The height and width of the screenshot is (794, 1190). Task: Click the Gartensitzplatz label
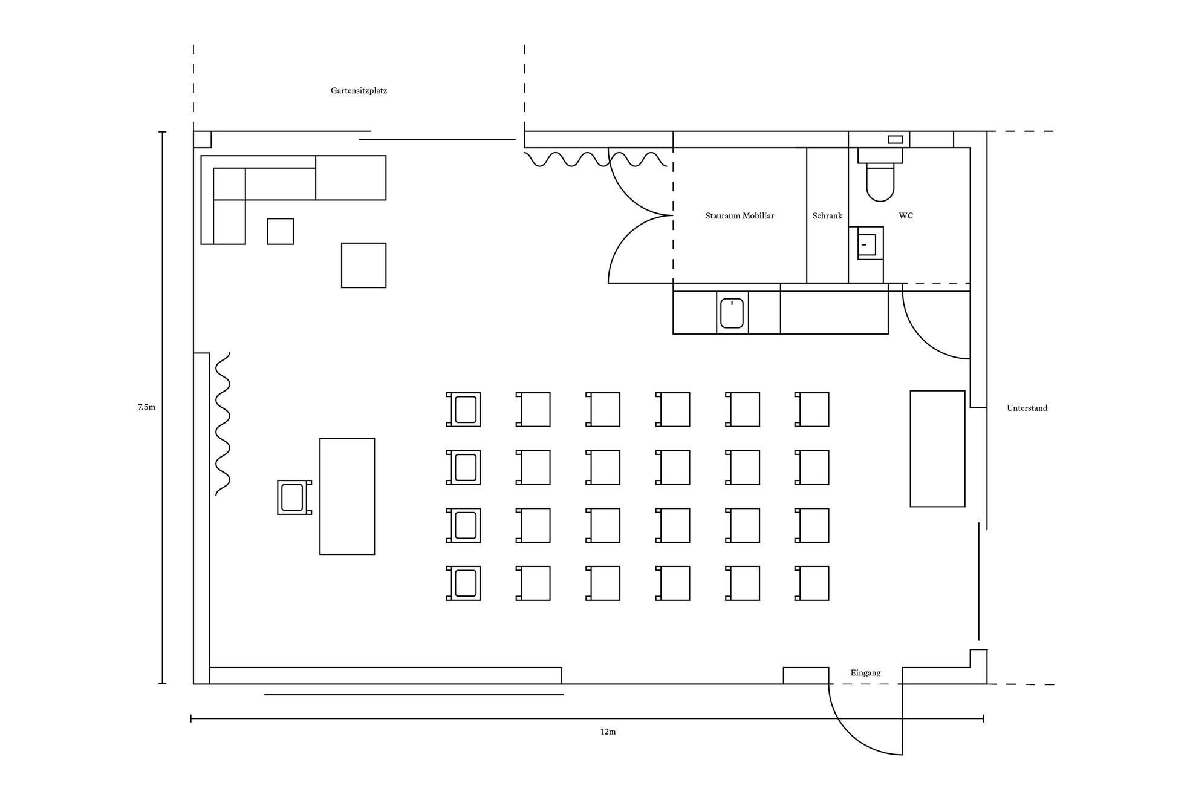point(359,91)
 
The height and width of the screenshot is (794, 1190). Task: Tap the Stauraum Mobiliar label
point(740,216)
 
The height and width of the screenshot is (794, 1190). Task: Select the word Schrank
point(827,216)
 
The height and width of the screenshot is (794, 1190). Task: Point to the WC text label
point(906,216)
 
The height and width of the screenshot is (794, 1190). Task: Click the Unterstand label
point(1027,408)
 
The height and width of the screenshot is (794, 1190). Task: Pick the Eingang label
point(865,673)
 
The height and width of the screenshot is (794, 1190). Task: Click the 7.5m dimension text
point(146,407)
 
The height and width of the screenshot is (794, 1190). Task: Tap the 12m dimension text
point(608,732)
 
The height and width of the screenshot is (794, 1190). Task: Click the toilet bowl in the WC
point(880,182)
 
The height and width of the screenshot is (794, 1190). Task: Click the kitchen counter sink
point(732,313)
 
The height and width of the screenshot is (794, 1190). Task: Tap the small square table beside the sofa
point(281,231)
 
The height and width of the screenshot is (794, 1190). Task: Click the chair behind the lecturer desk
point(294,497)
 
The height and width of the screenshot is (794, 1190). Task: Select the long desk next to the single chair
point(347,496)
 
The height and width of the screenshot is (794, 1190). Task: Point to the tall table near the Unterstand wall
point(937,448)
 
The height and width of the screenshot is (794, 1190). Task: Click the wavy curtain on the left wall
point(223,424)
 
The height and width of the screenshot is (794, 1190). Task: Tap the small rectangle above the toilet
point(896,140)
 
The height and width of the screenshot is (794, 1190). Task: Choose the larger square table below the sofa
point(363,265)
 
